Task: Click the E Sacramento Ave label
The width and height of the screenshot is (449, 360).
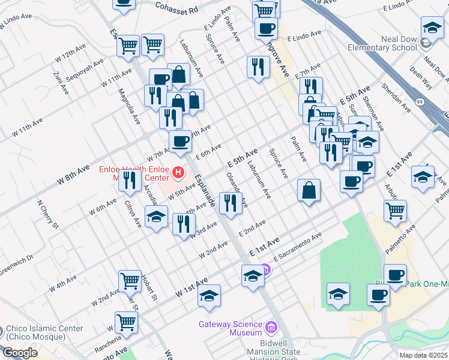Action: click(x=298, y=247)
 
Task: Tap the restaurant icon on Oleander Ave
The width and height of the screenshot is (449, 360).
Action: click(x=231, y=203)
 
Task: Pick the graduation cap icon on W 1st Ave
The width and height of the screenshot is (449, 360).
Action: click(x=209, y=296)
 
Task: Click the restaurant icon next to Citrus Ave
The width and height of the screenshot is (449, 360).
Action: click(x=130, y=179)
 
